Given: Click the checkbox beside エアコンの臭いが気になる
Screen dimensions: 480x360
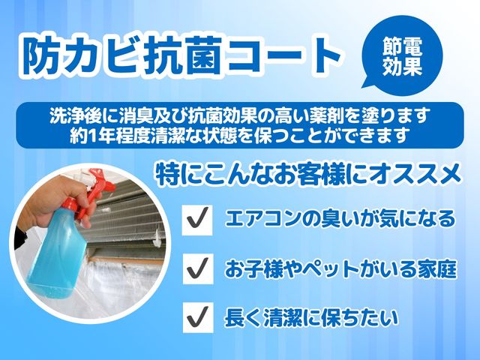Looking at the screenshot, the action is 197,220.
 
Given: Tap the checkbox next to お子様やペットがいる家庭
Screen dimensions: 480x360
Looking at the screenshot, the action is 198,268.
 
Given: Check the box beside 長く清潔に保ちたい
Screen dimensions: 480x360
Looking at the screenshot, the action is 198,317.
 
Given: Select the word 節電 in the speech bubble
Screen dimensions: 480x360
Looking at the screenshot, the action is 402,46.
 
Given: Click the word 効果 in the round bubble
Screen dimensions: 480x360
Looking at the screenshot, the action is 402,66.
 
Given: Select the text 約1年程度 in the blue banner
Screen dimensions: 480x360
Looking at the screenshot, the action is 113,135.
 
